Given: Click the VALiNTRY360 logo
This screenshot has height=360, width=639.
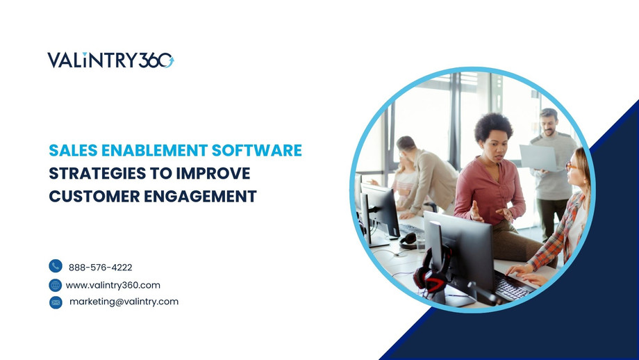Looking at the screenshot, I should [x=110, y=60].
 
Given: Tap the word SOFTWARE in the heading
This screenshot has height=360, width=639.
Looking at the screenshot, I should [x=262, y=150].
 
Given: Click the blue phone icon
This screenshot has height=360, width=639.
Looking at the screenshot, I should [x=56, y=266].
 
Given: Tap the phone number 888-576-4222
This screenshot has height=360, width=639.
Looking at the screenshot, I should [x=100, y=267].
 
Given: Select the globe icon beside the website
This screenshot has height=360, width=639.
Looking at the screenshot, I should [x=56, y=285].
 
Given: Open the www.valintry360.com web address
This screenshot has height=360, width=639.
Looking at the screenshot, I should [x=113, y=285].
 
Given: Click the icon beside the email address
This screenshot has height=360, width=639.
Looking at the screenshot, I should [x=56, y=302].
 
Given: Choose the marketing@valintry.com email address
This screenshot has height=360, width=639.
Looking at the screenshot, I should [x=124, y=302].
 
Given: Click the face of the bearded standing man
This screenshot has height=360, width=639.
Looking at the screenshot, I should [x=549, y=124].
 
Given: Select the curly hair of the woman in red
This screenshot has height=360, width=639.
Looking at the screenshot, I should [x=493, y=126].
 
